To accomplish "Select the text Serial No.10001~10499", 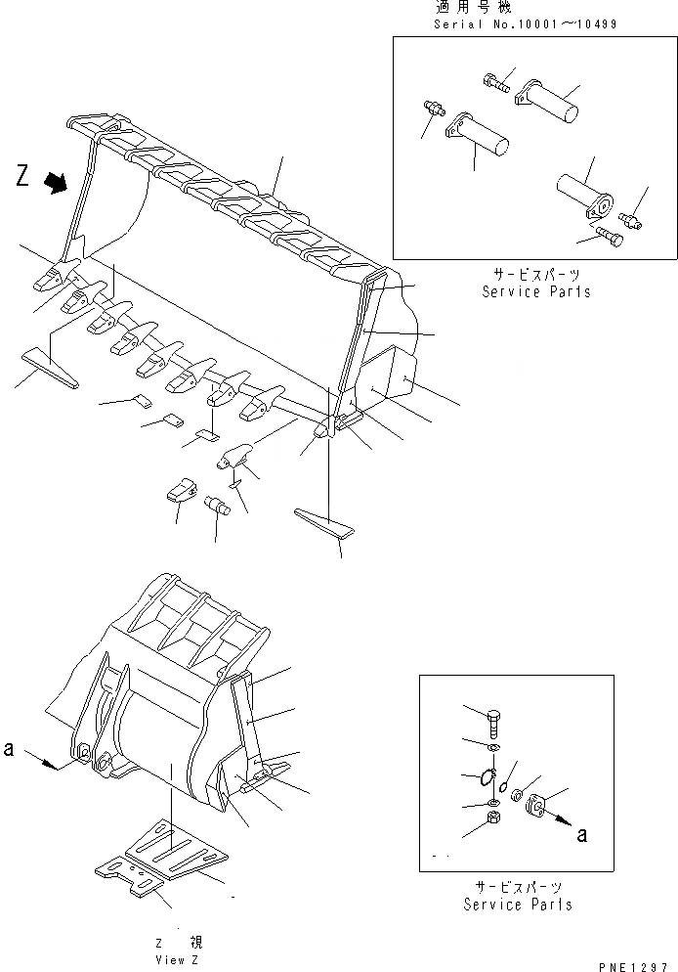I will (525, 22).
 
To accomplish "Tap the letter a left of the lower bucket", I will (9, 750).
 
